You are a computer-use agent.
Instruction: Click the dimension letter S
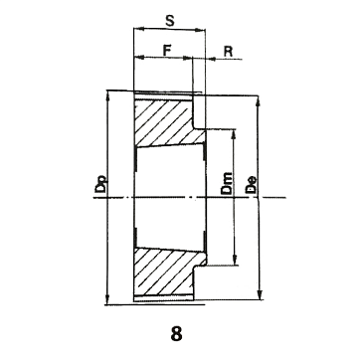click(170, 21)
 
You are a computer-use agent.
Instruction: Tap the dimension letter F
click(167, 50)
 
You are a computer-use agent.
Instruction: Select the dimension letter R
click(228, 51)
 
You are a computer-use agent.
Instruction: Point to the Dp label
click(100, 183)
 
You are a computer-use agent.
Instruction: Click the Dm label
click(227, 183)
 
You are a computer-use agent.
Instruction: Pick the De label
click(251, 185)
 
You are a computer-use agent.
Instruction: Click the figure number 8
click(176, 333)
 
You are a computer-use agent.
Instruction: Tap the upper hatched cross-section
click(166, 122)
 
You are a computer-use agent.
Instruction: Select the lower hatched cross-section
click(166, 271)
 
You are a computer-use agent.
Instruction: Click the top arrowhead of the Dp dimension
click(107, 94)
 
